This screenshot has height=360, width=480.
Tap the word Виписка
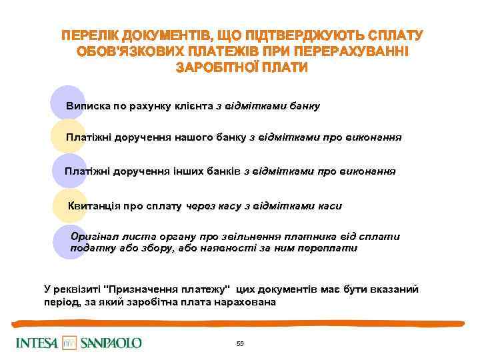click(x=85, y=106)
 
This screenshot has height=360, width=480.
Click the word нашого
click(x=194, y=137)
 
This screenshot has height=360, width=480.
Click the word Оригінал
click(x=95, y=237)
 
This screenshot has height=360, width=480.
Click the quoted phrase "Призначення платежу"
click(x=167, y=289)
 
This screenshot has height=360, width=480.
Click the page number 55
click(x=240, y=343)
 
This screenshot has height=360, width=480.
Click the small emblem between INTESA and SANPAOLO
click(x=69, y=343)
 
